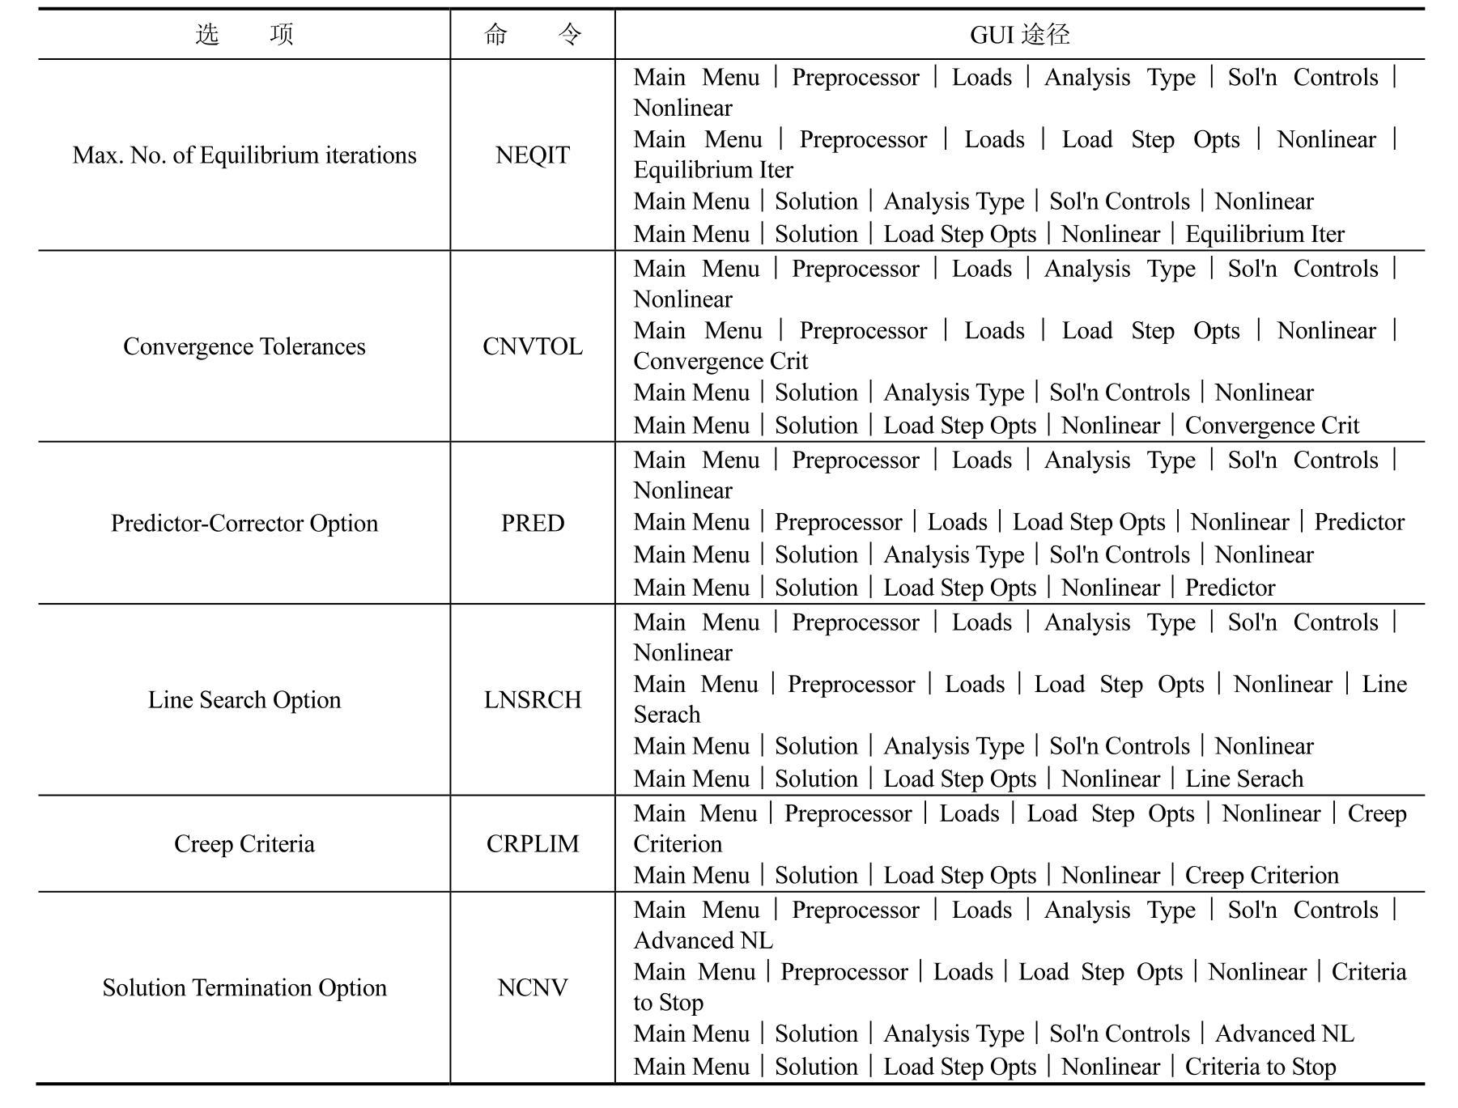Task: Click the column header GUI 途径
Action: (1019, 35)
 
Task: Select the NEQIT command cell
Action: (532, 155)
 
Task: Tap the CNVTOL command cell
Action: (532, 346)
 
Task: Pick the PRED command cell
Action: (532, 523)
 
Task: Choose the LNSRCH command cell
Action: (532, 700)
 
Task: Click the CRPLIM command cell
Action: (532, 844)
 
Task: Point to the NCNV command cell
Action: (532, 988)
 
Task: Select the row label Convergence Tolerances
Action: (244, 346)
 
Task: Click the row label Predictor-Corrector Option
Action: (244, 523)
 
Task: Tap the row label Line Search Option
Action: (244, 700)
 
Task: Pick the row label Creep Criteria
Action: (244, 844)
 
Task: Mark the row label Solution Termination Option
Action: (244, 988)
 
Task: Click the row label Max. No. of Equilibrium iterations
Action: (244, 155)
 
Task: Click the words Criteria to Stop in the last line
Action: (1260, 1067)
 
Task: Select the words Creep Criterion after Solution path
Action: (1261, 876)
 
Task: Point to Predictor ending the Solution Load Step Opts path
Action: (1230, 588)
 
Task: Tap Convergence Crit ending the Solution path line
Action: (1272, 426)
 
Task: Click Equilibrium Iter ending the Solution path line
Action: (1265, 235)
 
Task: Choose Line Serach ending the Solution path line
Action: (1244, 779)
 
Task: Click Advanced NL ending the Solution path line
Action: (1284, 1034)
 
